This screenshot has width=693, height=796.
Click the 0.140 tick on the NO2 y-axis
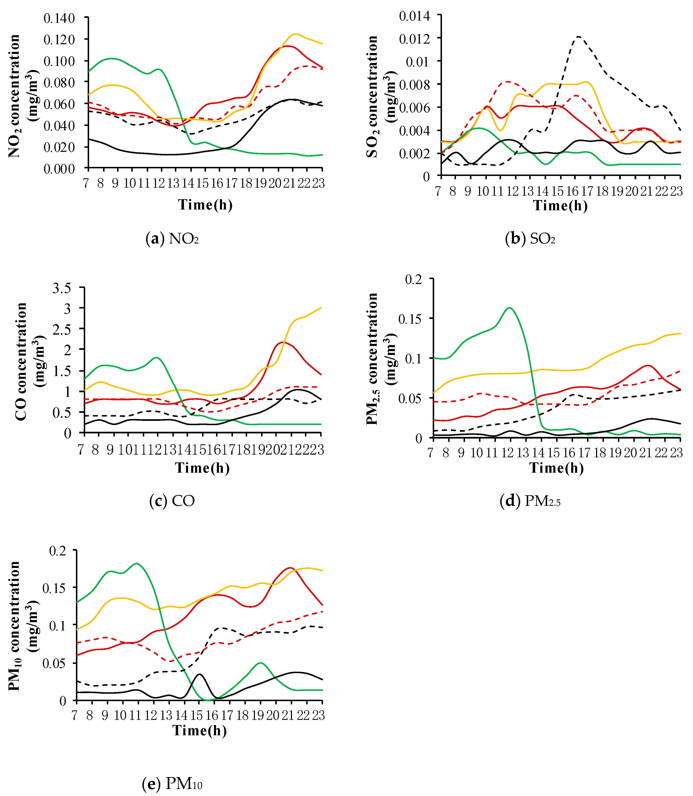click(x=59, y=18)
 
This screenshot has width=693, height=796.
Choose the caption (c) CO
click(x=172, y=501)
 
